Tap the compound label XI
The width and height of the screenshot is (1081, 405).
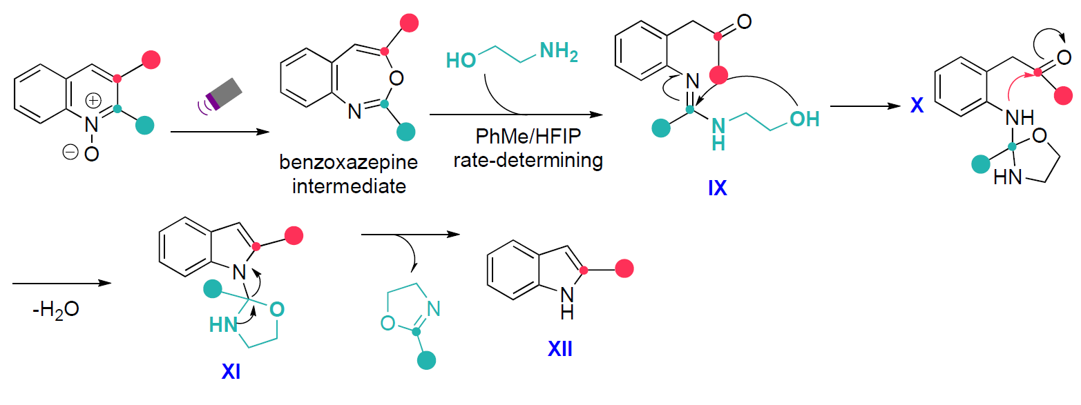pyautogui.click(x=231, y=374)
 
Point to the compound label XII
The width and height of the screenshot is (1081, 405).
pyautogui.click(x=560, y=351)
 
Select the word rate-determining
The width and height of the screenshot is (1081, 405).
pyautogui.click(x=528, y=160)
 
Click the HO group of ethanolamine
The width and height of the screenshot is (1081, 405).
pyautogui.click(x=461, y=59)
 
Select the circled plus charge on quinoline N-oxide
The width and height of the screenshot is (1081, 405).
pyautogui.click(x=93, y=101)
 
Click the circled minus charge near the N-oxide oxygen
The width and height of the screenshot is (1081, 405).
pyautogui.click(x=70, y=153)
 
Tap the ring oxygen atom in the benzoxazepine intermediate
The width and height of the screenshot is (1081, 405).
pyautogui.click(x=396, y=78)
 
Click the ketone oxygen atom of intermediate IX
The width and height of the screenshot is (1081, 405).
pyautogui.click(x=743, y=22)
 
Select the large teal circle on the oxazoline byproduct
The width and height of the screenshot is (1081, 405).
pyautogui.click(x=428, y=359)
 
